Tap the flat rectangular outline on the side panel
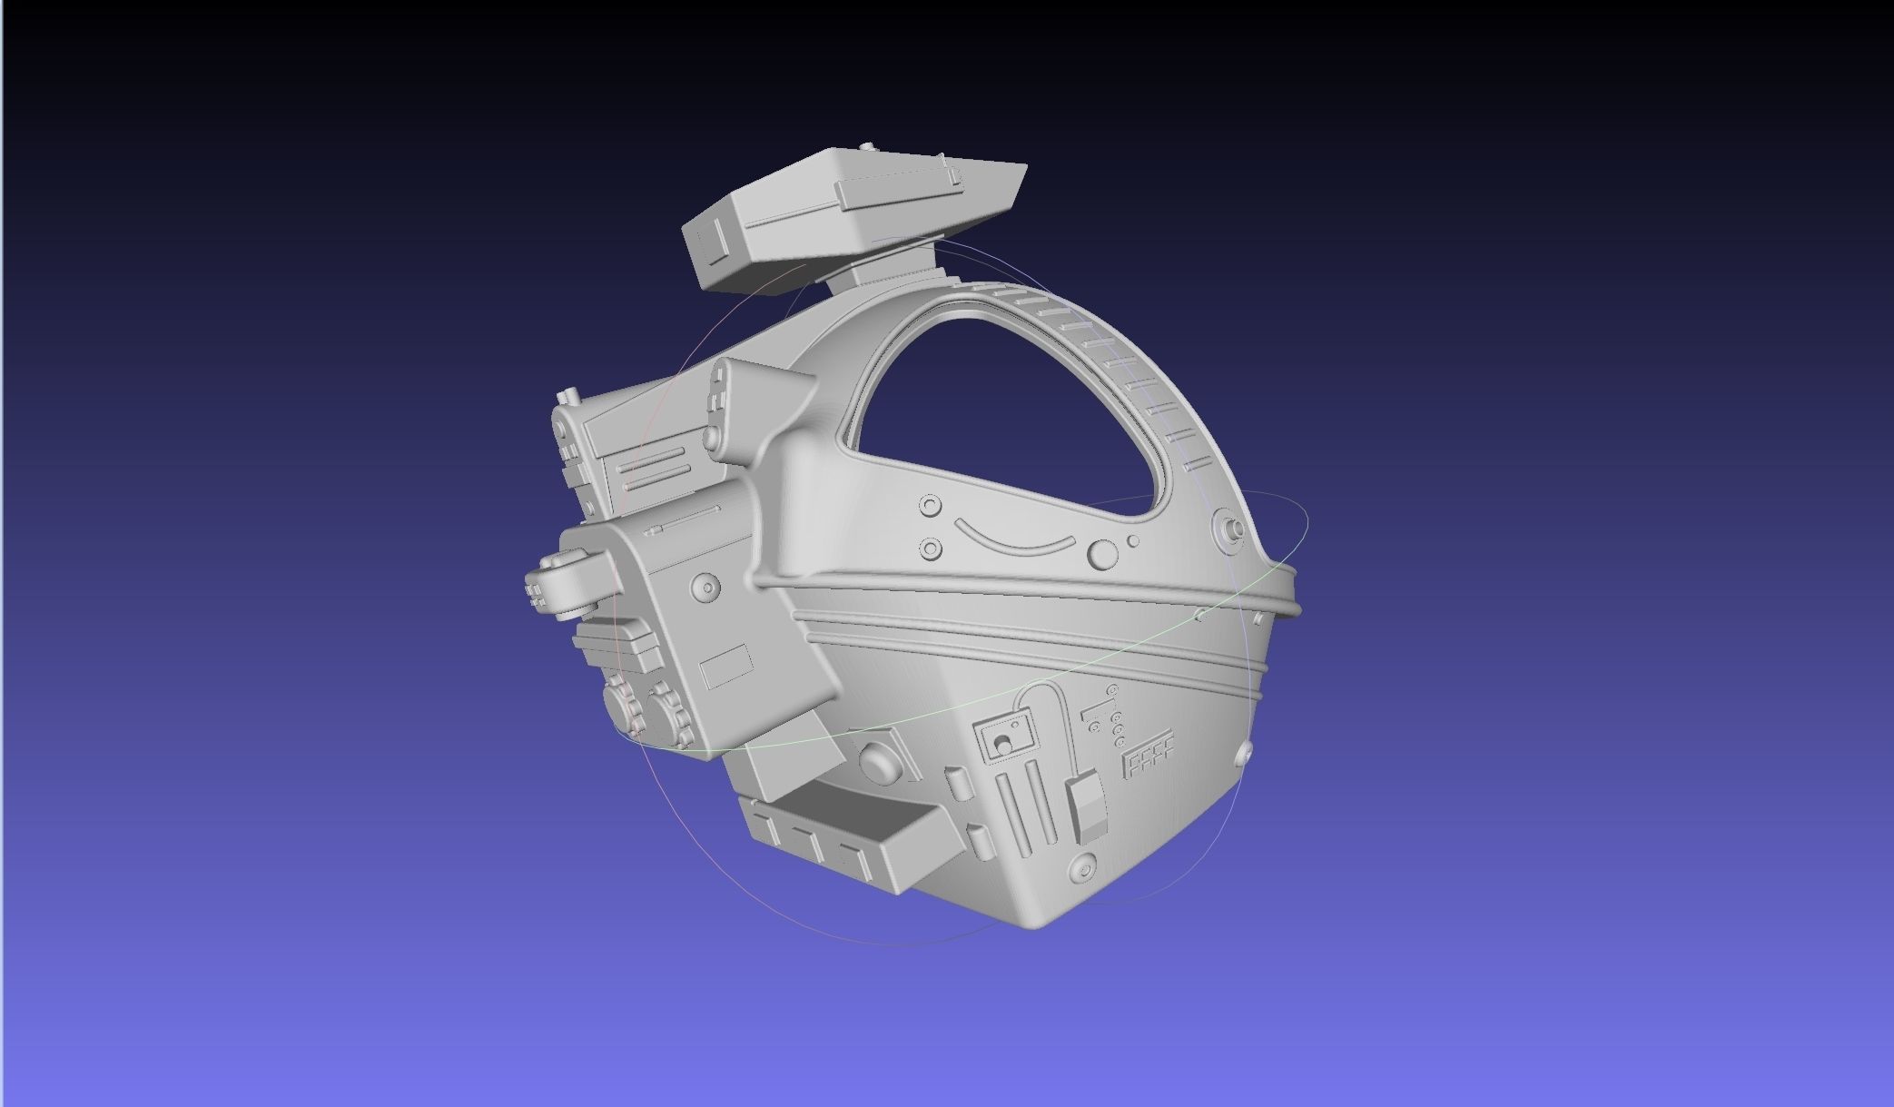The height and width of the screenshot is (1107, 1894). [726, 667]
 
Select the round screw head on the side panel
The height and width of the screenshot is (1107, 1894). [705, 586]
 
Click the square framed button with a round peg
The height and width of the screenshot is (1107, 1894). [1004, 735]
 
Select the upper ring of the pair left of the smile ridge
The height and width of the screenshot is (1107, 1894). [931, 506]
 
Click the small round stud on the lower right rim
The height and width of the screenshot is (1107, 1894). [1245, 753]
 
